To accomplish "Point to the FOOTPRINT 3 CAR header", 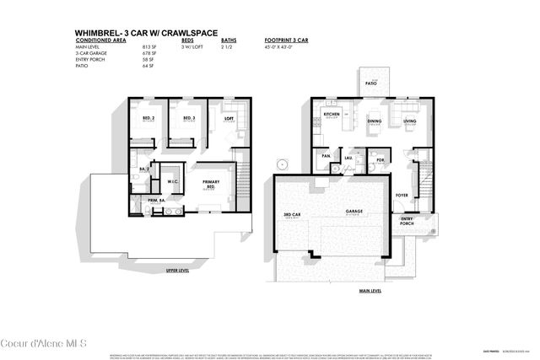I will (x=287, y=40).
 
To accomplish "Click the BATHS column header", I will (x=228, y=40).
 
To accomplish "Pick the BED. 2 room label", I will (x=148, y=118).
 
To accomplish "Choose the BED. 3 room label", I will (x=189, y=118).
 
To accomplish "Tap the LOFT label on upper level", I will (x=228, y=119).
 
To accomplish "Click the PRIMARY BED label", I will (x=211, y=183).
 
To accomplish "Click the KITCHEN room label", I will (x=331, y=114).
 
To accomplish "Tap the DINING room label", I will (x=374, y=121).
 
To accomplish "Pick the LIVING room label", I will (x=409, y=121).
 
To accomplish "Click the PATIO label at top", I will (x=370, y=85).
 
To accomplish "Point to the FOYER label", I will (x=402, y=195).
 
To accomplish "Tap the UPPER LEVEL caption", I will (x=176, y=271).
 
